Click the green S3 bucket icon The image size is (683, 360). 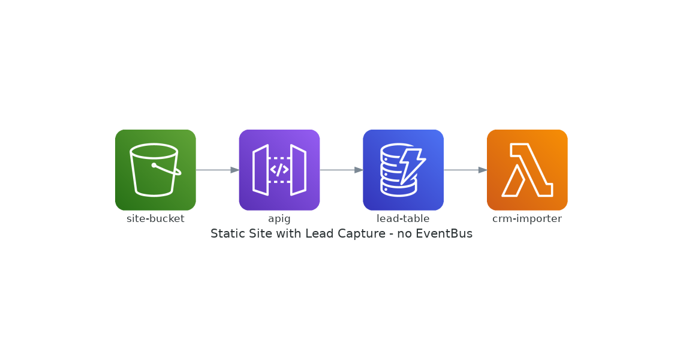(155, 170)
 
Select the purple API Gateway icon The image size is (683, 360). (279, 170)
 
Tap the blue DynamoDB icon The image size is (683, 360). (404, 170)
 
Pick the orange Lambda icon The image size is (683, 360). (527, 170)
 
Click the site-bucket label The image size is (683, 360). (155, 218)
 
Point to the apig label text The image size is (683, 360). (279, 219)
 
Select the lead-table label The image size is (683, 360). (404, 218)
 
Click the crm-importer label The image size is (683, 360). (527, 218)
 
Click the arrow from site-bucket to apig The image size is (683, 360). (217, 170)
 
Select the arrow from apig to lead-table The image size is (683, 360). (342, 170)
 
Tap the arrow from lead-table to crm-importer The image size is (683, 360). (465, 170)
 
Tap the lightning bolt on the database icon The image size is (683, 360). (413, 166)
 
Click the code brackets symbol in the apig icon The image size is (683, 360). (279, 170)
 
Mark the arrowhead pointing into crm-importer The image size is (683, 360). (483, 170)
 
